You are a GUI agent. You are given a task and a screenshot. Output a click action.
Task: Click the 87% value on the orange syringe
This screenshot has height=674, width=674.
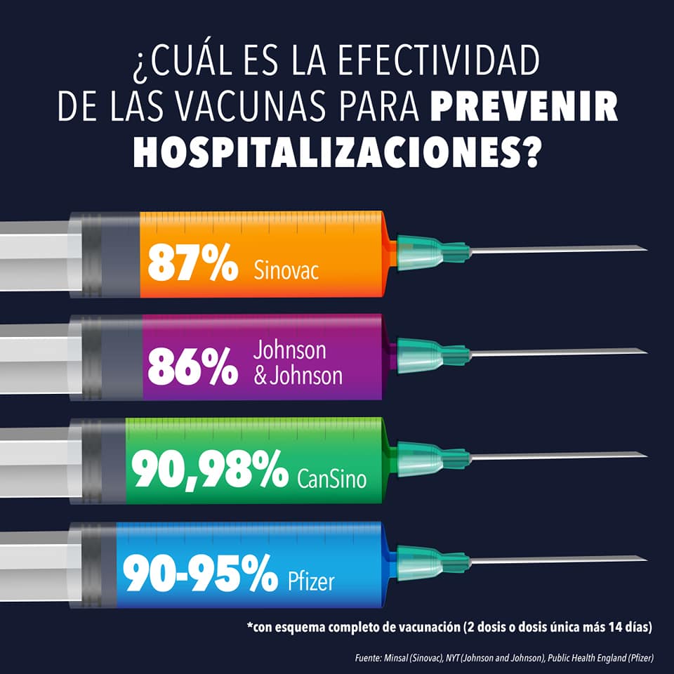click(x=192, y=263)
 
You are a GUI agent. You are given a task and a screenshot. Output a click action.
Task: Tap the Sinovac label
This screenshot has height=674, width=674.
click(x=286, y=270)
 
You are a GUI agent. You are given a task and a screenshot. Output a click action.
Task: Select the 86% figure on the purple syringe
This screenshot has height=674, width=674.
click(x=192, y=366)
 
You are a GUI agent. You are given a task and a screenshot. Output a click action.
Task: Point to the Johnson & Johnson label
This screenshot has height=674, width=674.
click(x=298, y=363)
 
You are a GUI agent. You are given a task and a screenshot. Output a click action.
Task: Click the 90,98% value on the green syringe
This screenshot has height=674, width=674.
click(x=210, y=470)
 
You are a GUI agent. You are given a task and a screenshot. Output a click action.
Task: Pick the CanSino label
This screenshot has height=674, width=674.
click(x=332, y=479)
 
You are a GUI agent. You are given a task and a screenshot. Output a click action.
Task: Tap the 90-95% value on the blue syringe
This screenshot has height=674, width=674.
click(x=200, y=573)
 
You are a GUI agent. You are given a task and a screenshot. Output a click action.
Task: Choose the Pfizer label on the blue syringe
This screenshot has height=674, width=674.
click(x=311, y=582)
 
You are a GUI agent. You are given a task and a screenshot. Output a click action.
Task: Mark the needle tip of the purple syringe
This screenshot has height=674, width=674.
click(x=647, y=352)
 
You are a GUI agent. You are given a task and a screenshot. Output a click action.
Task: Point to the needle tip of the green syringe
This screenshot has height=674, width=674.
click(x=647, y=455)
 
